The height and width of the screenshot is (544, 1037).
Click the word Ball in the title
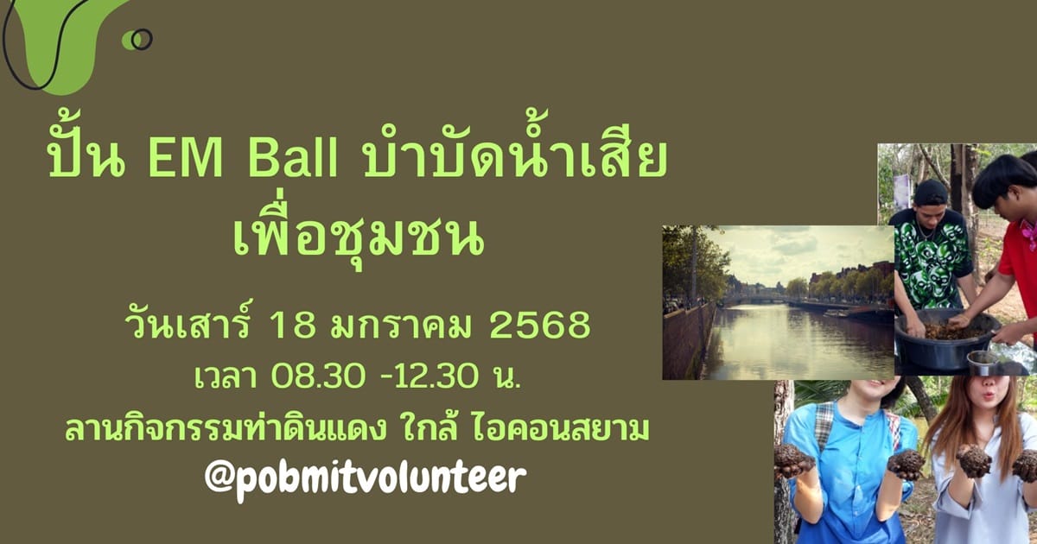294,159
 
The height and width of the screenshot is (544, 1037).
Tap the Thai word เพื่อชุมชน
359,235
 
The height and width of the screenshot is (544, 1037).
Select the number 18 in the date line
293,325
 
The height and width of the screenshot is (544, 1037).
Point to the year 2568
540,325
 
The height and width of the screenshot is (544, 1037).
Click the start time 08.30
318,376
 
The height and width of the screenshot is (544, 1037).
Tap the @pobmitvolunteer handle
366,478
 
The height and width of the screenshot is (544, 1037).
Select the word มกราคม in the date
401,325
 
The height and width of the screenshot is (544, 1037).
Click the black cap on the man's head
931,192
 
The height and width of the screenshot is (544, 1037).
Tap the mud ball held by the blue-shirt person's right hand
793,459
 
